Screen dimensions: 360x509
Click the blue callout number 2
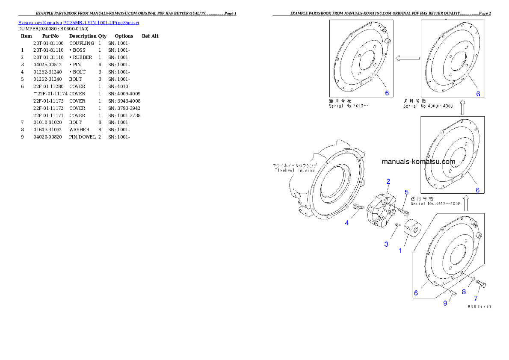388,181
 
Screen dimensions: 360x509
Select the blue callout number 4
347,223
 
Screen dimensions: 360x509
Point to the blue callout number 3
386,244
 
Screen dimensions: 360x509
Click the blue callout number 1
400,251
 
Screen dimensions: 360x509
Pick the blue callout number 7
475,298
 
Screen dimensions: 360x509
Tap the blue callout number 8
464,293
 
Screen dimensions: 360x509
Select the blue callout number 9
445,303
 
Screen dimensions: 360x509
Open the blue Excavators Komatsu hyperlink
78,22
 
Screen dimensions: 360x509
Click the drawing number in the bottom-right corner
479,307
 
